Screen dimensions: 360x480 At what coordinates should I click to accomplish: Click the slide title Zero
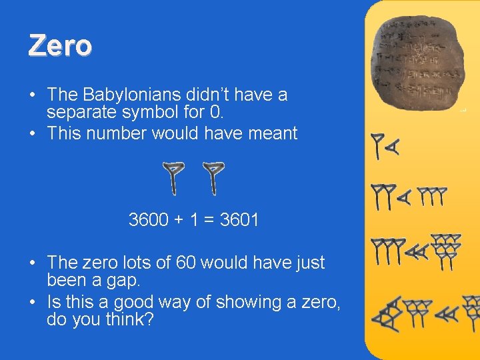[60, 46]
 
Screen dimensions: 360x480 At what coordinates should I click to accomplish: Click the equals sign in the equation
[209, 220]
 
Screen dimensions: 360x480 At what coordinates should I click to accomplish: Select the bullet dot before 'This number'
[33, 133]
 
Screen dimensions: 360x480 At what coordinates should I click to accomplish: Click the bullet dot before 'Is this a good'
[33, 302]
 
